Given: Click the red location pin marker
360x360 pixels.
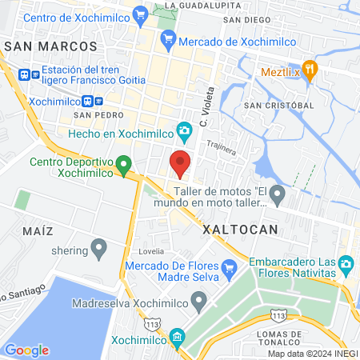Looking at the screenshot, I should [180, 163].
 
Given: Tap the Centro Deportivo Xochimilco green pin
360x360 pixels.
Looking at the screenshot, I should [123, 165].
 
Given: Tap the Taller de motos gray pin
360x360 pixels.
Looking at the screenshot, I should [278, 193].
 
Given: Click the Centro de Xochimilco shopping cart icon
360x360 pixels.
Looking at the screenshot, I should [141, 14].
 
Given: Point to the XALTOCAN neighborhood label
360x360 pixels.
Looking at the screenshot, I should [240, 229].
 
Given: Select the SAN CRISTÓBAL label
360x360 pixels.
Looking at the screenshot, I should [278, 105].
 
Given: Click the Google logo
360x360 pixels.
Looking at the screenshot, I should [26, 350].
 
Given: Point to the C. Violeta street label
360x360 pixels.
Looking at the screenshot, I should [208, 107].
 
